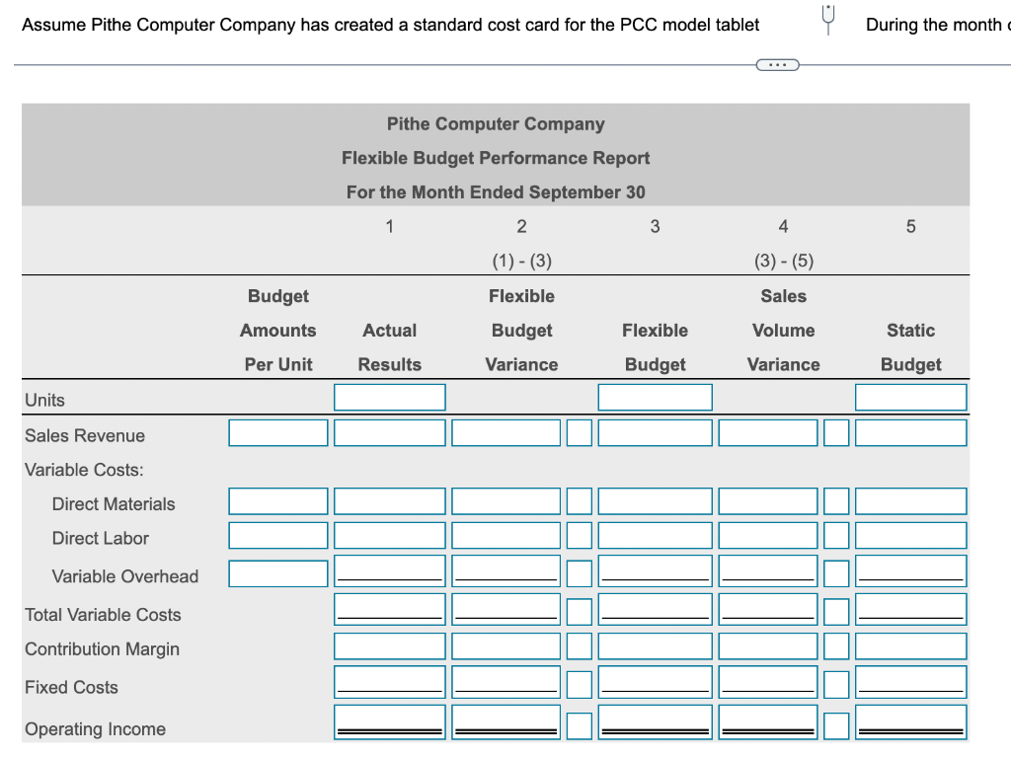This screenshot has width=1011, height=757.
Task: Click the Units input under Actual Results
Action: [x=389, y=398]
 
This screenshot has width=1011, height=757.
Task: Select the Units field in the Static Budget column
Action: [x=910, y=398]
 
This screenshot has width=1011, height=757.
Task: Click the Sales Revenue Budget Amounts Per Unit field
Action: [x=278, y=433]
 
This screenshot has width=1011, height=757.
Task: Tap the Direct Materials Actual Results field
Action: [x=389, y=501]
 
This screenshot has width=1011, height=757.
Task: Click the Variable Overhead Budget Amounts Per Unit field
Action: [x=278, y=573]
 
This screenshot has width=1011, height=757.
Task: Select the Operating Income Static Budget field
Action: [x=910, y=722]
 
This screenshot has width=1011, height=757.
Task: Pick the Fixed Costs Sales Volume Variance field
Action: [x=768, y=682]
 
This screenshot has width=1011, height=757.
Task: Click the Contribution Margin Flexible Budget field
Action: [x=655, y=646]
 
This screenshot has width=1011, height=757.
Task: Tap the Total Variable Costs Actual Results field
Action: [x=389, y=609]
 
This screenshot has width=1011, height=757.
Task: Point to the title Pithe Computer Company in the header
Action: [x=496, y=124]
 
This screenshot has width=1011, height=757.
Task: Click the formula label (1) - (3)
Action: [x=521, y=262]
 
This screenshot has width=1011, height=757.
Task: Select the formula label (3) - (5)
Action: [x=783, y=262]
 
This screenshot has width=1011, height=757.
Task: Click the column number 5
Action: [x=910, y=227]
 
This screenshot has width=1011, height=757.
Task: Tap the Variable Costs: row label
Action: [x=84, y=470]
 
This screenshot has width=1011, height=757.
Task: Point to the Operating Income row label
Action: [x=95, y=729]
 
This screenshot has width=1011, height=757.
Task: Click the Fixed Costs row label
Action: [x=71, y=687]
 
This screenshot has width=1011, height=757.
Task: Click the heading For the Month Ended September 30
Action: [x=496, y=192]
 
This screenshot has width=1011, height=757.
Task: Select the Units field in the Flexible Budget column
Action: [x=655, y=398]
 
